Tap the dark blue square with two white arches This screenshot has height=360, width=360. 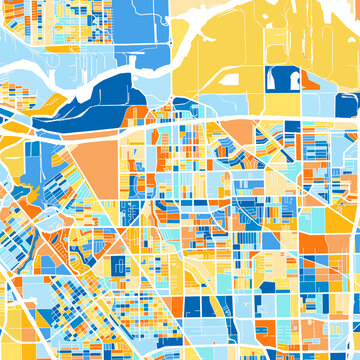point(282,79)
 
